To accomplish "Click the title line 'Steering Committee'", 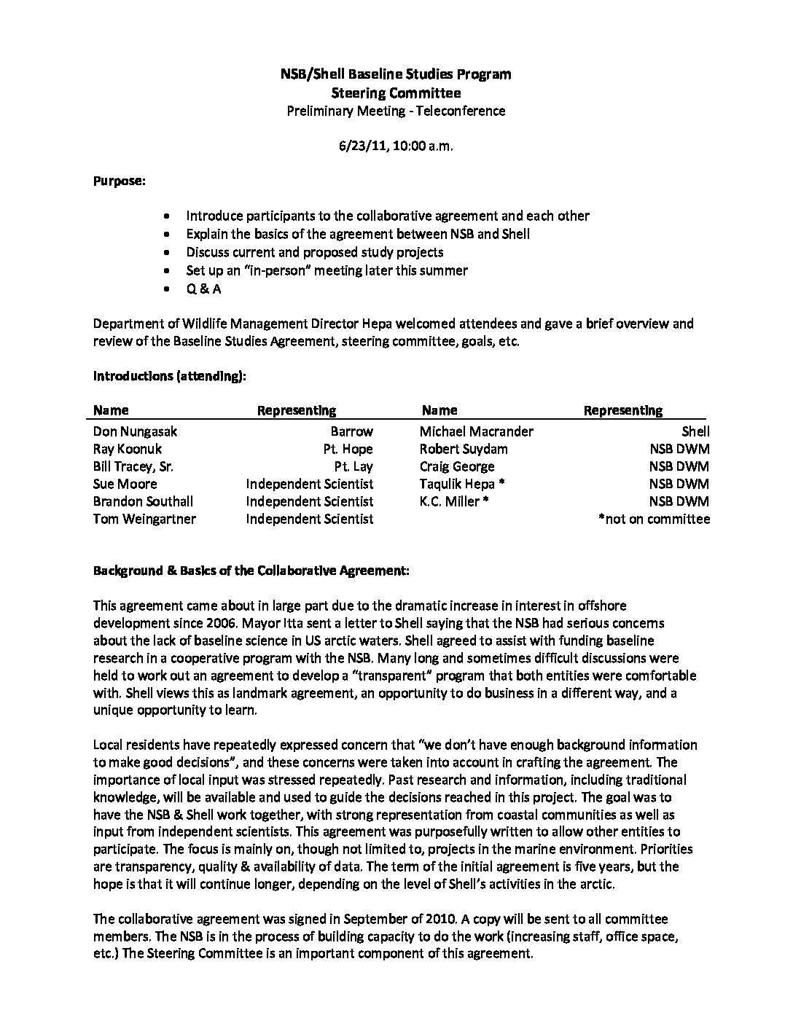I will click(396, 93).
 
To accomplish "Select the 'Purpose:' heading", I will click(119, 181).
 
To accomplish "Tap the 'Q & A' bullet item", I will click(203, 289).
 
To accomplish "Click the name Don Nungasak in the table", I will click(135, 431).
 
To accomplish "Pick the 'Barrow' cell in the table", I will click(351, 431).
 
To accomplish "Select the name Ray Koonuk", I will click(128, 449).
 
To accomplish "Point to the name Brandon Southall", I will click(143, 501).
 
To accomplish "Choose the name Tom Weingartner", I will click(144, 519).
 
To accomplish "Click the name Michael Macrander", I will click(476, 431).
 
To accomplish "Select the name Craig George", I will click(456, 466).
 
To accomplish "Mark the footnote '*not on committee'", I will click(653, 519).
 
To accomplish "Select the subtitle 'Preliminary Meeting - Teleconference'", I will click(396, 111).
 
